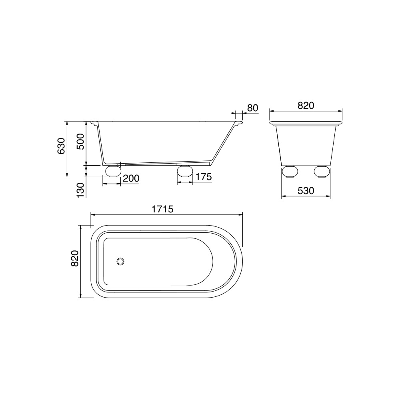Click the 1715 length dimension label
point(162,209)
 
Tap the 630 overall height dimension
point(61,146)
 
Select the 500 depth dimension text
point(80,142)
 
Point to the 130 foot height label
point(80,190)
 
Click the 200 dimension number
point(131,178)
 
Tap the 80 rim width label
point(253,108)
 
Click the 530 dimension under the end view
point(306,191)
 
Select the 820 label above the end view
point(306,105)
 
